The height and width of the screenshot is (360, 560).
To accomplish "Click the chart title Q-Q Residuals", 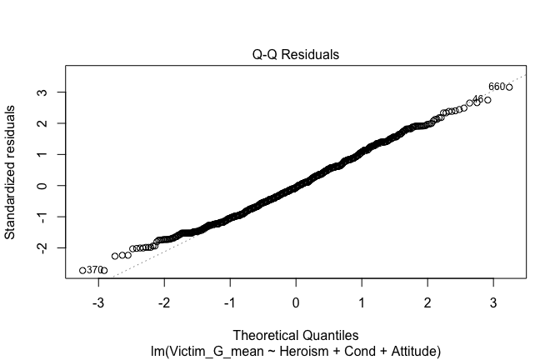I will click(297, 55).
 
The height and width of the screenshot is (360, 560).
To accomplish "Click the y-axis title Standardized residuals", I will click(11, 172).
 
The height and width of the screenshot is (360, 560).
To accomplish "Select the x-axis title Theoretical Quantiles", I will click(296, 334).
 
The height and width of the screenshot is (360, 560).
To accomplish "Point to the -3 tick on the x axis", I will click(99, 302).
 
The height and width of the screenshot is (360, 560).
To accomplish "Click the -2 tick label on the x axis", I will click(165, 302).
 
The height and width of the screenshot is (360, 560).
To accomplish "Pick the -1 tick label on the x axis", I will click(230, 302).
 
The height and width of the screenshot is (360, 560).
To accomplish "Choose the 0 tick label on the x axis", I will click(296, 302).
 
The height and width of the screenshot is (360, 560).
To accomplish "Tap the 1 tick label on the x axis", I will click(362, 302).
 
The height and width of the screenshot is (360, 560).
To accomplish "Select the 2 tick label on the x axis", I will click(427, 302).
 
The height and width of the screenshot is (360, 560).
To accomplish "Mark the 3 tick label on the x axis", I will click(492, 302).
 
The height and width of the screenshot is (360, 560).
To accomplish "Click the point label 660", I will click(497, 87).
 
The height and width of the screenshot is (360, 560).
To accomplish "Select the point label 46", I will click(477, 99).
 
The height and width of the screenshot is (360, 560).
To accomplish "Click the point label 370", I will click(94, 270).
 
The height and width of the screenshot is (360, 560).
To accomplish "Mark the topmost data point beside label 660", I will click(509, 87).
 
